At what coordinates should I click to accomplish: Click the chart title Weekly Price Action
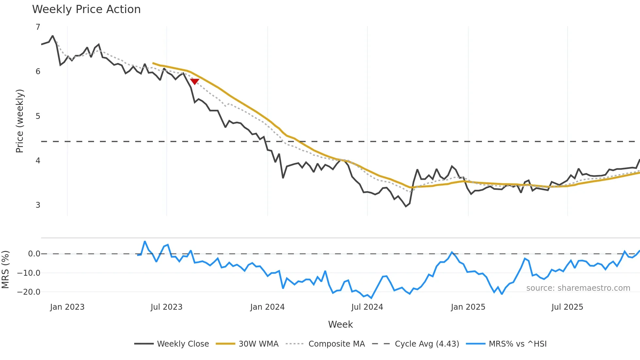click(86, 9)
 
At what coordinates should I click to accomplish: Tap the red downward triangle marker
click(195, 81)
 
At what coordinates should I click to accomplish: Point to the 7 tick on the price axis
click(38, 27)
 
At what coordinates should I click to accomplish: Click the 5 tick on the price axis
click(38, 116)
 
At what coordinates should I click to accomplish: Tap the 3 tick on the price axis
click(38, 205)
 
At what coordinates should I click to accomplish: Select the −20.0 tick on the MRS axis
click(29, 292)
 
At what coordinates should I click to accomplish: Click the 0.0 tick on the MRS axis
click(34, 254)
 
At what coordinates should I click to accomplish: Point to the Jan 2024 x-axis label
click(267, 307)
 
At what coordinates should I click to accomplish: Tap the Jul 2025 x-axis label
click(567, 307)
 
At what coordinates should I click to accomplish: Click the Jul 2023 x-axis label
click(167, 307)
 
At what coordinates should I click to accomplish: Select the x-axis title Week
click(340, 324)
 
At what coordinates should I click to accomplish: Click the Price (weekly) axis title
click(20, 121)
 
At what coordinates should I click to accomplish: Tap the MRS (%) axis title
click(5, 270)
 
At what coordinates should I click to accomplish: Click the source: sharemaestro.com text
click(578, 288)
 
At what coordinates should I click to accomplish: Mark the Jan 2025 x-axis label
click(468, 307)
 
